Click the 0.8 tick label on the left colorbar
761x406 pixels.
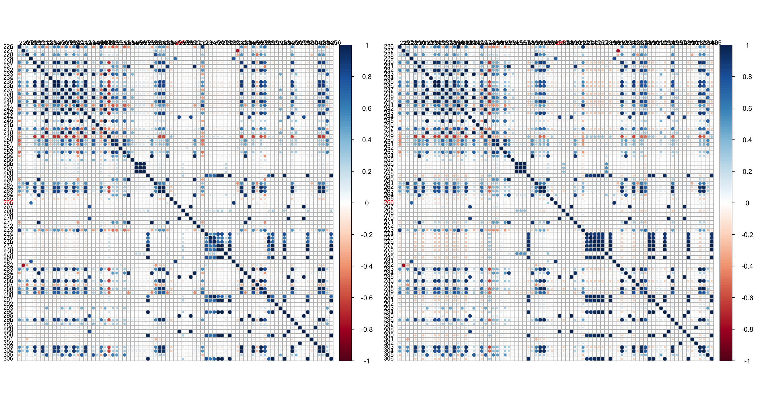click(366, 77)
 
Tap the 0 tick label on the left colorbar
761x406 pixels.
click(366, 203)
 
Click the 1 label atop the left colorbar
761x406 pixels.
click(366, 45)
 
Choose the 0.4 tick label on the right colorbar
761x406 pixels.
click(747, 140)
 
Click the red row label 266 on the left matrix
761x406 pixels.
click(8, 202)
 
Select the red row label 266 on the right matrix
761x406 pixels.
click(389, 202)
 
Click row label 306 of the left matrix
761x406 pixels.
click(8, 359)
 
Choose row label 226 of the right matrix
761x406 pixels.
click(389, 47)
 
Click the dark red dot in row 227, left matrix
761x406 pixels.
click(238, 51)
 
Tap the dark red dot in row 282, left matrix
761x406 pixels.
click(23, 265)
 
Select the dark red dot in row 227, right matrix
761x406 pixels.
click(618, 51)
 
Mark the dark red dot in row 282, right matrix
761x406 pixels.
click(403, 265)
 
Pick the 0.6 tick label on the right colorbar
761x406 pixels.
click(747, 108)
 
